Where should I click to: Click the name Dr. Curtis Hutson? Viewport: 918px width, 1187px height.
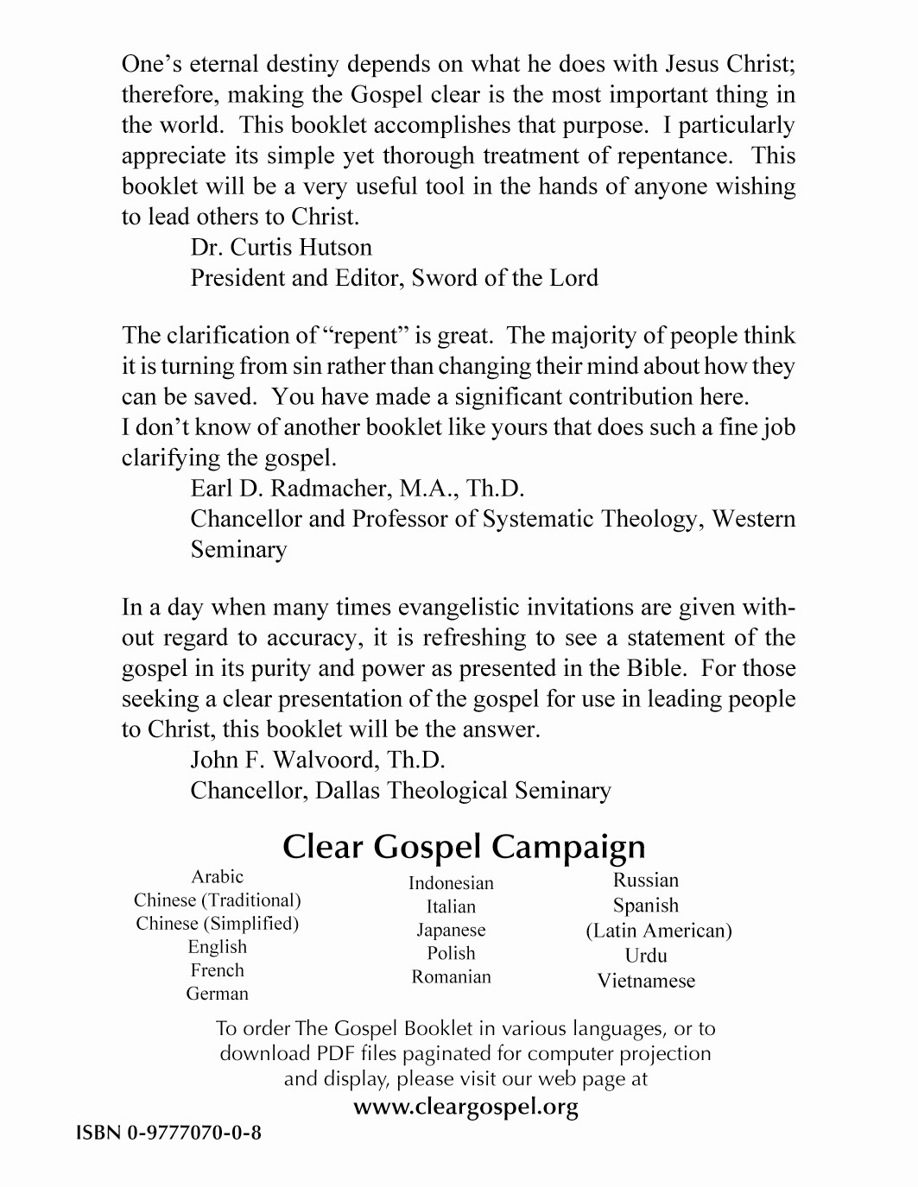tap(282, 248)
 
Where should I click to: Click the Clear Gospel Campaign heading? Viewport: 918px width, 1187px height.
tap(464, 846)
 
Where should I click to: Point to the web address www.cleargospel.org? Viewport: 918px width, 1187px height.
tap(466, 1107)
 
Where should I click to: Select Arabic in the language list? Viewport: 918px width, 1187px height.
tap(218, 876)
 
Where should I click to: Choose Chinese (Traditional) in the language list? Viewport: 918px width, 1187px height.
tap(218, 900)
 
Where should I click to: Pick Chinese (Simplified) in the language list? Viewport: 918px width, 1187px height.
tap(218, 923)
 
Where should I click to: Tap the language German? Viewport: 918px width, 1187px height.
tap(218, 994)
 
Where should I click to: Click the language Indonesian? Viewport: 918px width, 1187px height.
tap(451, 883)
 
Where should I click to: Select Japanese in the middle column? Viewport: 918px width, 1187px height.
tap(451, 930)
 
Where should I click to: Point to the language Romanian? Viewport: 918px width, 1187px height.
tap(451, 976)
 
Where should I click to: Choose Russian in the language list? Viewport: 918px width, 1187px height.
tap(646, 881)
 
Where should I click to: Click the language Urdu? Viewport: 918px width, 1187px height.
tap(646, 956)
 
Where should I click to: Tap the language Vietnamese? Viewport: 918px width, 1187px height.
tap(646, 981)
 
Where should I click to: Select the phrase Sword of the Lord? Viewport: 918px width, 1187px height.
tap(504, 278)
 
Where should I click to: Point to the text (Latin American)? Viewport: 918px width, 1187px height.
tap(658, 931)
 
